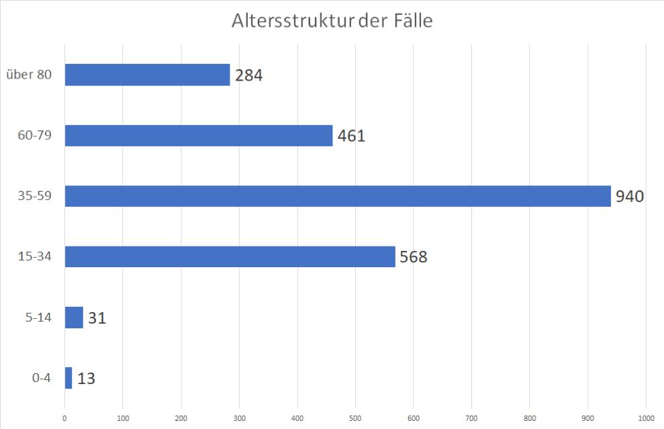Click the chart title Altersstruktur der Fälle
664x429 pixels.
pyautogui.click(x=332, y=21)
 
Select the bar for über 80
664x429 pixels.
pyautogui.click(x=147, y=75)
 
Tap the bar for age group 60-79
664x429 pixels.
pyautogui.click(x=199, y=136)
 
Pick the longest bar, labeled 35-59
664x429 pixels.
pyautogui.click(x=338, y=196)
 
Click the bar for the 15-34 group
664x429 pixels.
pyautogui.click(x=230, y=256)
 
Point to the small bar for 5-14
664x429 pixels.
pyautogui.click(x=74, y=318)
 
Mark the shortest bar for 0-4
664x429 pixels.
pyautogui.click(x=68, y=378)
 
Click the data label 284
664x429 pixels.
pyautogui.click(x=248, y=75)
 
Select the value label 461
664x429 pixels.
pyautogui.click(x=351, y=136)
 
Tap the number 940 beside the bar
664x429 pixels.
pyautogui.click(x=630, y=197)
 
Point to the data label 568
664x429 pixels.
pyautogui.click(x=414, y=257)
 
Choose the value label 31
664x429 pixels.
pyautogui.click(x=97, y=318)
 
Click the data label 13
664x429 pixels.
pyautogui.click(x=86, y=379)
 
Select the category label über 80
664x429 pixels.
pyautogui.click(x=28, y=75)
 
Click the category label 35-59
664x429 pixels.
pyautogui.click(x=34, y=196)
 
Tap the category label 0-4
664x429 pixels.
pyautogui.click(x=41, y=378)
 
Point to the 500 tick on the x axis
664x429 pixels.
pyautogui.click(x=355, y=418)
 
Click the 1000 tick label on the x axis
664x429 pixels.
pyautogui.click(x=646, y=418)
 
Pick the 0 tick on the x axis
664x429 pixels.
pyautogui.click(x=64, y=418)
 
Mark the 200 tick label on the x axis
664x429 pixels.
pyautogui.click(x=181, y=418)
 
